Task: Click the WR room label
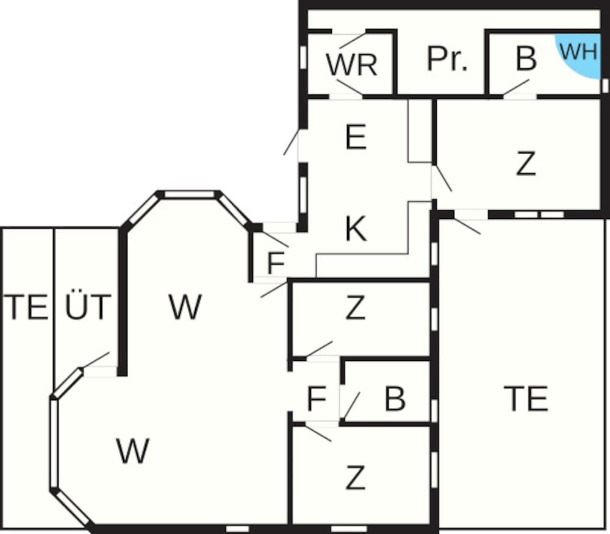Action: [x=351, y=65]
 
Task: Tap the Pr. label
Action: [x=447, y=59]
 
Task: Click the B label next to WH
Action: [x=526, y=59]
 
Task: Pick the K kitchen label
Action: [x=356, y=230]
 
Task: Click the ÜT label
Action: [x=88, y=307]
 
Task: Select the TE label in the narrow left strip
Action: [x=26, y=307]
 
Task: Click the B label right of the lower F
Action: [x=395, y=399]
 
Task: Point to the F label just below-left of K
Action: [x=276, y=264]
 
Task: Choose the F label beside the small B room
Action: [x=316, y=399]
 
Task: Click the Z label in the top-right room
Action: [x=526, y=163]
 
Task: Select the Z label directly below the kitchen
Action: [x=355, y=308]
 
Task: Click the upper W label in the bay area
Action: [x=185, y=307]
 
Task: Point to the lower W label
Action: [x=133, y=451]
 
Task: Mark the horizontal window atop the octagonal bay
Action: [x=190, y=194]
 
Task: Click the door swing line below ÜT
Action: [x=96, y=360]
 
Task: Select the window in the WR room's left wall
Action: [x=303, y=57]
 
